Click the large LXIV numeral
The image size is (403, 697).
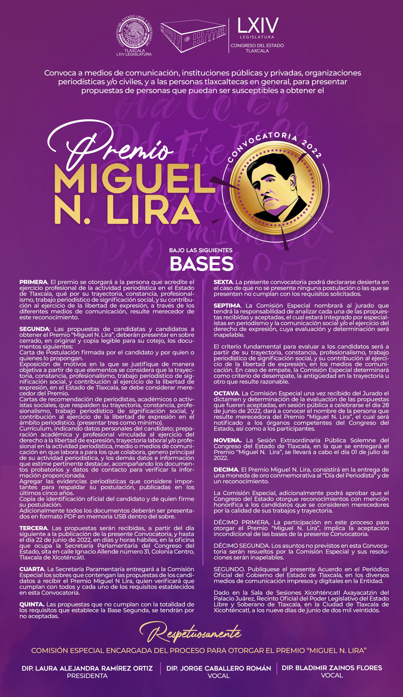[258, 25]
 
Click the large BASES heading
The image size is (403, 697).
[201, 264]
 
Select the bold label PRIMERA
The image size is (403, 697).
[33, 282]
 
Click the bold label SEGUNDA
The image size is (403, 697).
[34, 329]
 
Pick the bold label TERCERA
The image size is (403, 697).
[33, 528]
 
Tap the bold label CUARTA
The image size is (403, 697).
[32, 569]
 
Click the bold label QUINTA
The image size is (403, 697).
[32, 604]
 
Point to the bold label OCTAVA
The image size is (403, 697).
[226, 393]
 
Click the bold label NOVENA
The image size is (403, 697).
[227, 440]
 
